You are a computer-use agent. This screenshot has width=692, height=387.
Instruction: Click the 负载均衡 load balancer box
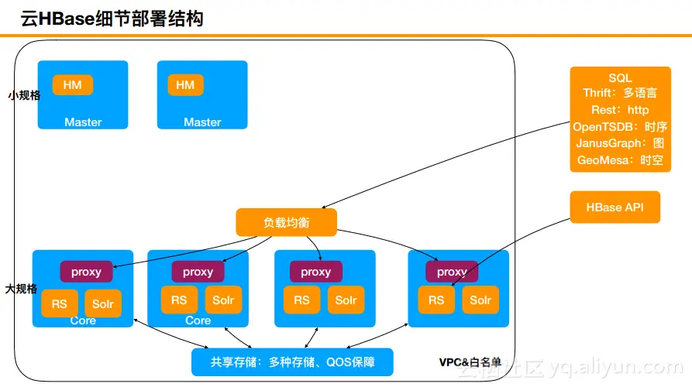tap(287, 222)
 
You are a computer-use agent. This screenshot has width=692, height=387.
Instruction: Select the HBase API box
tap(615, 207)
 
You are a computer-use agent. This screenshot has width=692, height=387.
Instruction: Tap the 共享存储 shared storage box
tap(292, 362)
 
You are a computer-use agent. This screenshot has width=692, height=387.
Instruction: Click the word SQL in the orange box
tap(620, 78)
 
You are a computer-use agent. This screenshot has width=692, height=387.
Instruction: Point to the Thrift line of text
tap(620, 93)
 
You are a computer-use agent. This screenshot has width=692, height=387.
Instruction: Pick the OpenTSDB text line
tap(620, 127)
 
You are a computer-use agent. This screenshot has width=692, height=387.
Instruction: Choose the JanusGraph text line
tap(620, 143)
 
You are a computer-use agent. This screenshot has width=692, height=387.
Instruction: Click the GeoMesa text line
tap(620, 160)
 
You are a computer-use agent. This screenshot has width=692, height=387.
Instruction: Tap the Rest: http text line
tap(620, 110)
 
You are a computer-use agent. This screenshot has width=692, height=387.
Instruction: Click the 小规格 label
tap(24, 95)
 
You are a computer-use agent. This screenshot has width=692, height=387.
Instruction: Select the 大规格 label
tap(21, 289)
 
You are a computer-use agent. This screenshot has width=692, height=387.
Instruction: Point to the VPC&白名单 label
tap(470, 362)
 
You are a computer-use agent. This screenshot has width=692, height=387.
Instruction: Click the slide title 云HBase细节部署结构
tap(112, 19)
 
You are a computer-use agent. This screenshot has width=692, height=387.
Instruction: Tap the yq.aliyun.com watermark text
tap(616, 367)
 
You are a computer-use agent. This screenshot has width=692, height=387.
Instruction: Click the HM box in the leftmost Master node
tap(72, 84)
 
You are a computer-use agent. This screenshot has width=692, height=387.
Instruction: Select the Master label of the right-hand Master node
tap(202, 122)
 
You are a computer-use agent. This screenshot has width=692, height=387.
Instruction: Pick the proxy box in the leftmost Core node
tap(86, 272)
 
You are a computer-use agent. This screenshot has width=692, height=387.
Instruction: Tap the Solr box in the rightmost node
tap(480, 300)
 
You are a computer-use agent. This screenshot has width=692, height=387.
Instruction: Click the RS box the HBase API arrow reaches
tap(436, 300)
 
